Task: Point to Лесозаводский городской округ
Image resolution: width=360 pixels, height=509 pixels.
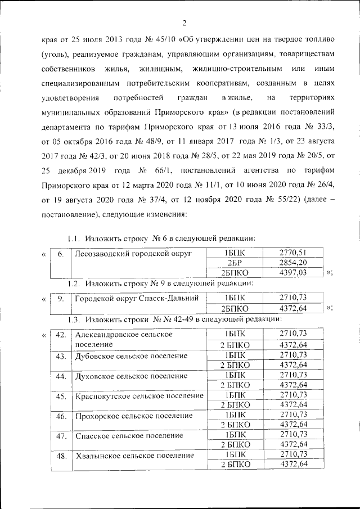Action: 133,254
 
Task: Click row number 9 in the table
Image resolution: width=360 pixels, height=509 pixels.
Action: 60,298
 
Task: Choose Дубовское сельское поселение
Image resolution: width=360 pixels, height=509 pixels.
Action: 131,357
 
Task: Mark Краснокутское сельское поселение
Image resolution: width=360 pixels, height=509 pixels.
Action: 139,396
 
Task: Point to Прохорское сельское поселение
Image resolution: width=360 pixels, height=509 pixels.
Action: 133,416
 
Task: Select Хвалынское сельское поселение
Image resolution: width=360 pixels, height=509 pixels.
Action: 134,455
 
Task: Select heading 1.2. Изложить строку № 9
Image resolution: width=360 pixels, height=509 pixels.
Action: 160,282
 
